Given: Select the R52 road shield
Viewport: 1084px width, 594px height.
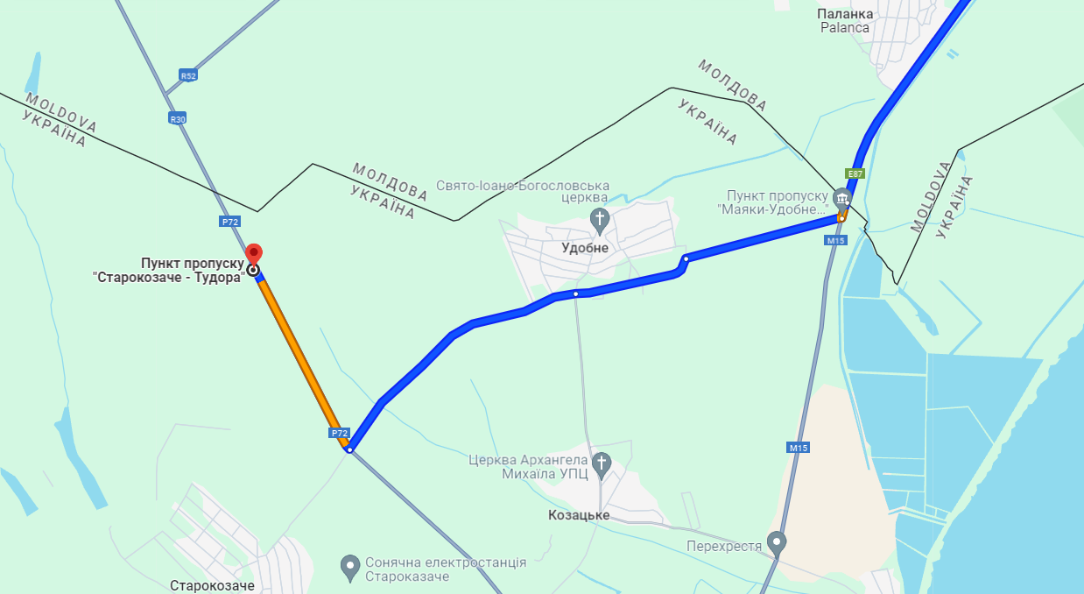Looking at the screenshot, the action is tap(188, 75).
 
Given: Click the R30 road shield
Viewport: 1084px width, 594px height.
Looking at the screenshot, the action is tap(178, 118).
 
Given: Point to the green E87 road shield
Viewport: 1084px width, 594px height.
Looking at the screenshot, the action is tap(855, 173).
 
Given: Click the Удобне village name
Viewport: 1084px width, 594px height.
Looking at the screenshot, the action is tap(585, 248).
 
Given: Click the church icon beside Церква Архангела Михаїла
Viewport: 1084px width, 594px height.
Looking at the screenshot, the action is tap(601, 463).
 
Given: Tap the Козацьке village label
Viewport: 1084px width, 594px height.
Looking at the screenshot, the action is tap(580, 515).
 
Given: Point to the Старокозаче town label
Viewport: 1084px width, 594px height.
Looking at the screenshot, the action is tap(211, 585).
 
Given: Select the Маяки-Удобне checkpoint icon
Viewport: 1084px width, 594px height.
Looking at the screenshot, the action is tap(841, 197).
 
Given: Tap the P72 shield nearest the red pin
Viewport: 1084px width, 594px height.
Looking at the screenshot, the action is tap(230, 222).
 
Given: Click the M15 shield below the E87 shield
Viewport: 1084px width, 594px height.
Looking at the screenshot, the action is tap(835, 240).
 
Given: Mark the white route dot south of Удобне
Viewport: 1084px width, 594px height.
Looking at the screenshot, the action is tap(575, 294).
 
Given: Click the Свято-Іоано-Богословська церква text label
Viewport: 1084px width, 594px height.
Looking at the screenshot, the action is tap(523, 192).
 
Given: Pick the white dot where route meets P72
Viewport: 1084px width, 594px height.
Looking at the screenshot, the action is tap(349, 449).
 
